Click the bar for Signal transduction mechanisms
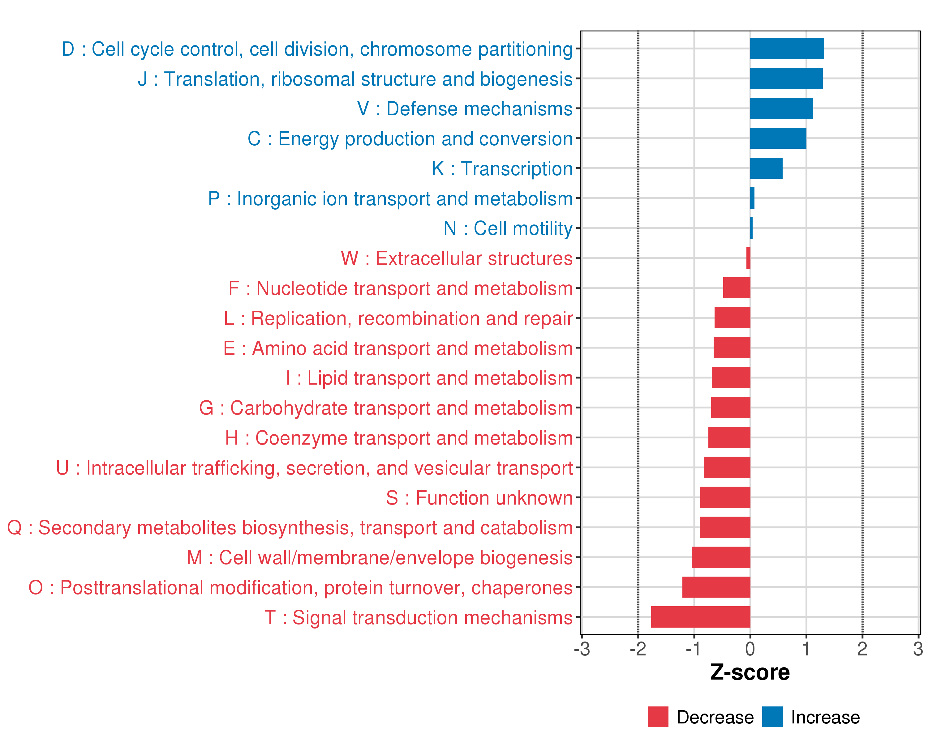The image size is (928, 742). (x=700, y=617)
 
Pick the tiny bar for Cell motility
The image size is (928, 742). (x=751, y=228)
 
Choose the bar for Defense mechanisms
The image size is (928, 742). (x=781, y=109)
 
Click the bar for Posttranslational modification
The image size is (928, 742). (x=716, y=587)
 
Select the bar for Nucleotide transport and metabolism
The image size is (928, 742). (x=737, y=288)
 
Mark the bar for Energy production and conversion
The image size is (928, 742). (x=778, y=138)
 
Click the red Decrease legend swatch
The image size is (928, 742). (x=658, y=717)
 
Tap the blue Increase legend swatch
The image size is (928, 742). (x=772, y=717)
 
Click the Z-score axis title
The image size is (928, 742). (x=750, y=672)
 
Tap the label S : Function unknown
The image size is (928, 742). (x=479, y=498)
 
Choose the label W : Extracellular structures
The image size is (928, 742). (x=456, y=258)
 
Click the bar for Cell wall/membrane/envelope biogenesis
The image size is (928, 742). (x=721, y=557)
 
